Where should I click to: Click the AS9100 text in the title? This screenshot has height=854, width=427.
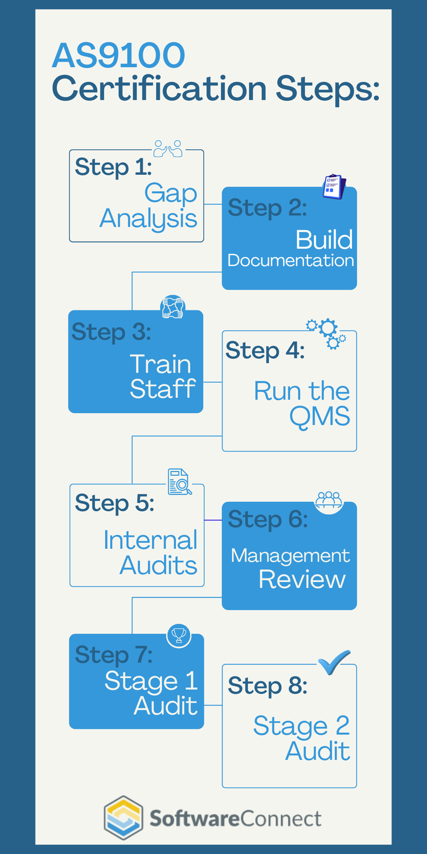tap(118, 56)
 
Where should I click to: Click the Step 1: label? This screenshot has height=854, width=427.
tap(113, 167)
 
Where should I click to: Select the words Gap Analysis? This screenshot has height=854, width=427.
tap(149, 206)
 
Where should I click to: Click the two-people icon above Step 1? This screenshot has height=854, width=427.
tap(168, 149)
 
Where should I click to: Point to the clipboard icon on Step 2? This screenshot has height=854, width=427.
tap(334, 187)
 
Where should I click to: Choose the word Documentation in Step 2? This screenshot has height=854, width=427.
tap(290, 260)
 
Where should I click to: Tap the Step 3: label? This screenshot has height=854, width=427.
tap(111, 332)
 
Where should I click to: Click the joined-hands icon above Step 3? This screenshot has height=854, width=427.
tap(173, 307)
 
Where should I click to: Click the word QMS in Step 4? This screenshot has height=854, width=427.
tap(319, 417)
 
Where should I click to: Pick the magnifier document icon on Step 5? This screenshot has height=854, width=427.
tap(179, 482)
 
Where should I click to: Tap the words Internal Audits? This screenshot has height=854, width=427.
tap(151, 553)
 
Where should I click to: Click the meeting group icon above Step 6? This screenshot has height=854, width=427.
tap(329, 500)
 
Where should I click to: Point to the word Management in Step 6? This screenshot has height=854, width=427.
tap(290, 556)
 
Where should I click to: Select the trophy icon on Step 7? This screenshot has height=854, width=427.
tap(179, 635)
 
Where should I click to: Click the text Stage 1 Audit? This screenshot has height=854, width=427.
tap(151, 693)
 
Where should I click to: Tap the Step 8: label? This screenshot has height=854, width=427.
tap(268, 686)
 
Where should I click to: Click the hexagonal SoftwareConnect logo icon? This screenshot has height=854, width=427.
tap(124, 818)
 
